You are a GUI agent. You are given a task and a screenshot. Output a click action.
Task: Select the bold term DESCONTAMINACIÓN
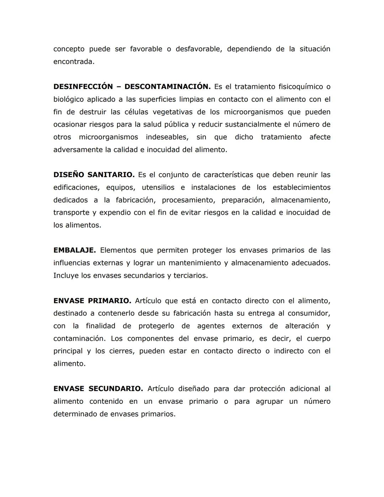(x=167, y=87)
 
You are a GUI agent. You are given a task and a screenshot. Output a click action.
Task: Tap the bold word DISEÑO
(x=69, y=175)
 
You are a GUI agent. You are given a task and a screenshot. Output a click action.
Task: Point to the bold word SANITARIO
(x=111, y=175)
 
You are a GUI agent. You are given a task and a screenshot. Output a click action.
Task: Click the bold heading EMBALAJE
(x=75, y=250)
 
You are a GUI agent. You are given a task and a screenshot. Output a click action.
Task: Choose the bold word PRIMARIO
(x=110, y=301)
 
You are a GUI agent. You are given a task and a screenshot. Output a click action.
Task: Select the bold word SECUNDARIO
(x=116, y=389)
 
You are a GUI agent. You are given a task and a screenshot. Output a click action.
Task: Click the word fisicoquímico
(x=300, y=87)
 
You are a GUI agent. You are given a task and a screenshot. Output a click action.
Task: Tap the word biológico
(x=69, y=100)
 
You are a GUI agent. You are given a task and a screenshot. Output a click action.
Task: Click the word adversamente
(x=78, y=150)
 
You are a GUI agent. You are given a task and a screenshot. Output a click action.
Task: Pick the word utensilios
(x=158, y=187)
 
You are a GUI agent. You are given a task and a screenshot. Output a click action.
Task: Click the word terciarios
(x=190, y=276)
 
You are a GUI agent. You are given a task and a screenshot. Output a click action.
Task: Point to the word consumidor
(x=309, y=313)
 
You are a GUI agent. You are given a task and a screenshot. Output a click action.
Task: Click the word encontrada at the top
(x=74, y=62)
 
